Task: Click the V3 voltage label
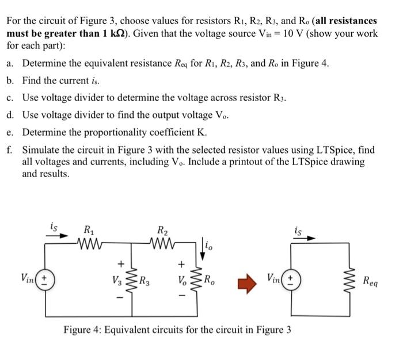(x=121, y=282)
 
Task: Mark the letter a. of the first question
(x=12, y=64)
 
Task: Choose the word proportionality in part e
(x=112, y=131)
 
